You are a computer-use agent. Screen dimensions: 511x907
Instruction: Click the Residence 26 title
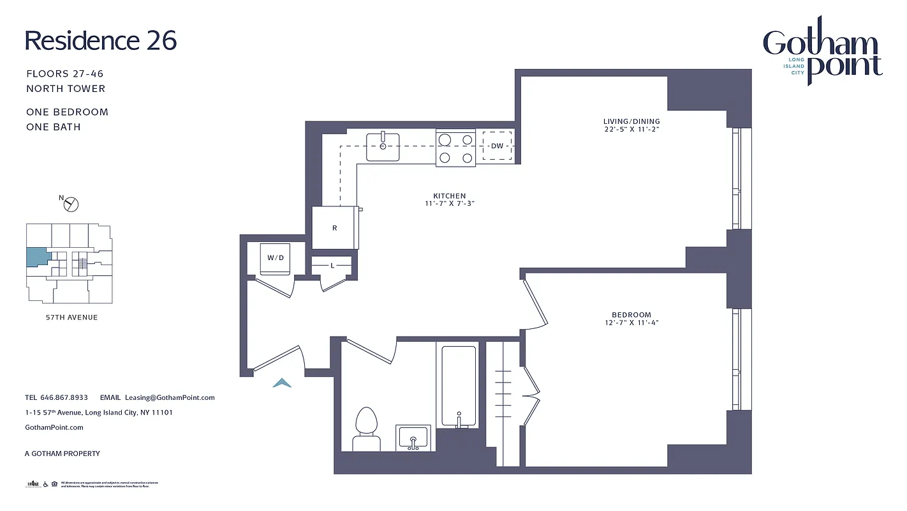coord(101,41)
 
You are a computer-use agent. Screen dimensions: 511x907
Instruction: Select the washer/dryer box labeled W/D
coord(275,258)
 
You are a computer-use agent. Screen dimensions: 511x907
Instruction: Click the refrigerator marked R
coord(335,228)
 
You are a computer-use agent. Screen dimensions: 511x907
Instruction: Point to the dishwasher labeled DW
coord(497,146)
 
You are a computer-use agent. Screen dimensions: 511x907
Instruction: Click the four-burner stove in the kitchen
coord(455,148)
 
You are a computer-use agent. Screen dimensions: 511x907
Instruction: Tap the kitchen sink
coord(383,146)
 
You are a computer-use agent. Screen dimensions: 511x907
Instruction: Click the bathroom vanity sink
coord(413,438)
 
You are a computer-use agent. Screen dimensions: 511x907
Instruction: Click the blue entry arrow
coord(282,383)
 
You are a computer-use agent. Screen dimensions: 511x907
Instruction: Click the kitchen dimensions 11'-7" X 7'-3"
coord(450,204)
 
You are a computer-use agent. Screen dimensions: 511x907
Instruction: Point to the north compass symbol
coord(71,204)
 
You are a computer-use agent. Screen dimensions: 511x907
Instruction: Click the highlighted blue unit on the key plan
coord(37,257)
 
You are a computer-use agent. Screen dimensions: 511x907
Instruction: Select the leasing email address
coord(170,397)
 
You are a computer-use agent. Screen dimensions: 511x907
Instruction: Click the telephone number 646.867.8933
coord(64,397)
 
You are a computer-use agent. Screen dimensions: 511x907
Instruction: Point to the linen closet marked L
coord(332,265)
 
